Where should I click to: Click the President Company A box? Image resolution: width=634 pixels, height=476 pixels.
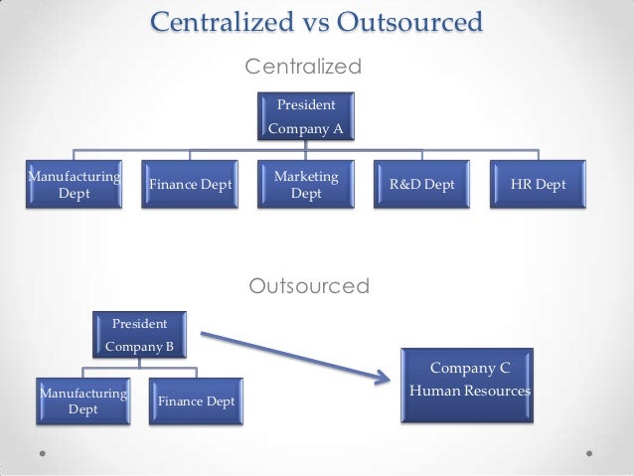pos(305,115)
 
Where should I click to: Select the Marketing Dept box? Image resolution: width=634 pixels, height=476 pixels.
pos(305,185)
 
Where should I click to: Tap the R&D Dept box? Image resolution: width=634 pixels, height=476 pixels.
pos(421,185)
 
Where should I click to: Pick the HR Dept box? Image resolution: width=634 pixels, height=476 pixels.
pos(539,185)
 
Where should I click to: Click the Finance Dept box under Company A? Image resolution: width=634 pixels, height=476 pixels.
pos(189,185)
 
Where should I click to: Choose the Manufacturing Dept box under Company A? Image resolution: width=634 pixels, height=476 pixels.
pos(75,185)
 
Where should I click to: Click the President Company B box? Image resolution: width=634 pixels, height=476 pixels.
pos(139,335)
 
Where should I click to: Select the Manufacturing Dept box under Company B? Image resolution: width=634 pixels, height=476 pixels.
pos(82,400)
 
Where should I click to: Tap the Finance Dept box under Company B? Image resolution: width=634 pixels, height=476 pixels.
pos(196,400)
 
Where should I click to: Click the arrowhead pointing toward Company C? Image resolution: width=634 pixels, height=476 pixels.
pos(380,376)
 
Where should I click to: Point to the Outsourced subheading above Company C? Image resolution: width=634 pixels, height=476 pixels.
pos(308,287)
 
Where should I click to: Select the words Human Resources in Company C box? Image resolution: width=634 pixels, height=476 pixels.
pos(469,391)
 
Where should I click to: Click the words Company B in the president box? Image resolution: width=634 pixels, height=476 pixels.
pos(139,347)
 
